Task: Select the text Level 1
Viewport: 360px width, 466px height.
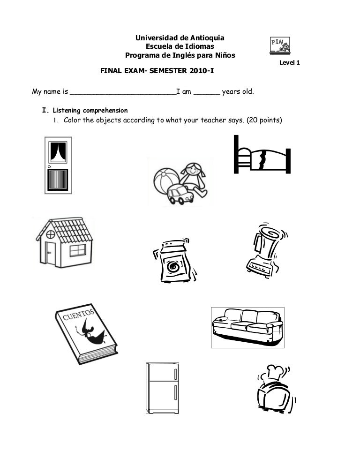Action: [289, 63]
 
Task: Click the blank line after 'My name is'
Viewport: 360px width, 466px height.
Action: [122, 92]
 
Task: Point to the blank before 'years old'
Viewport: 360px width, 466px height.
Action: [206, 92]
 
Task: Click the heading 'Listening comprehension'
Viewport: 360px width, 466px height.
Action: [90, 111]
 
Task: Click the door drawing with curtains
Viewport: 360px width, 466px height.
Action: [58, 165]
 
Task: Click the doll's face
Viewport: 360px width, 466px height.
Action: [192, 169]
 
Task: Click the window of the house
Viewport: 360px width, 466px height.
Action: [76, 250]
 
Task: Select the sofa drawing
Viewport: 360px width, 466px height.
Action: [247, 327]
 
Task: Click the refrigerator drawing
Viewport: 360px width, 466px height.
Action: [162, 387]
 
